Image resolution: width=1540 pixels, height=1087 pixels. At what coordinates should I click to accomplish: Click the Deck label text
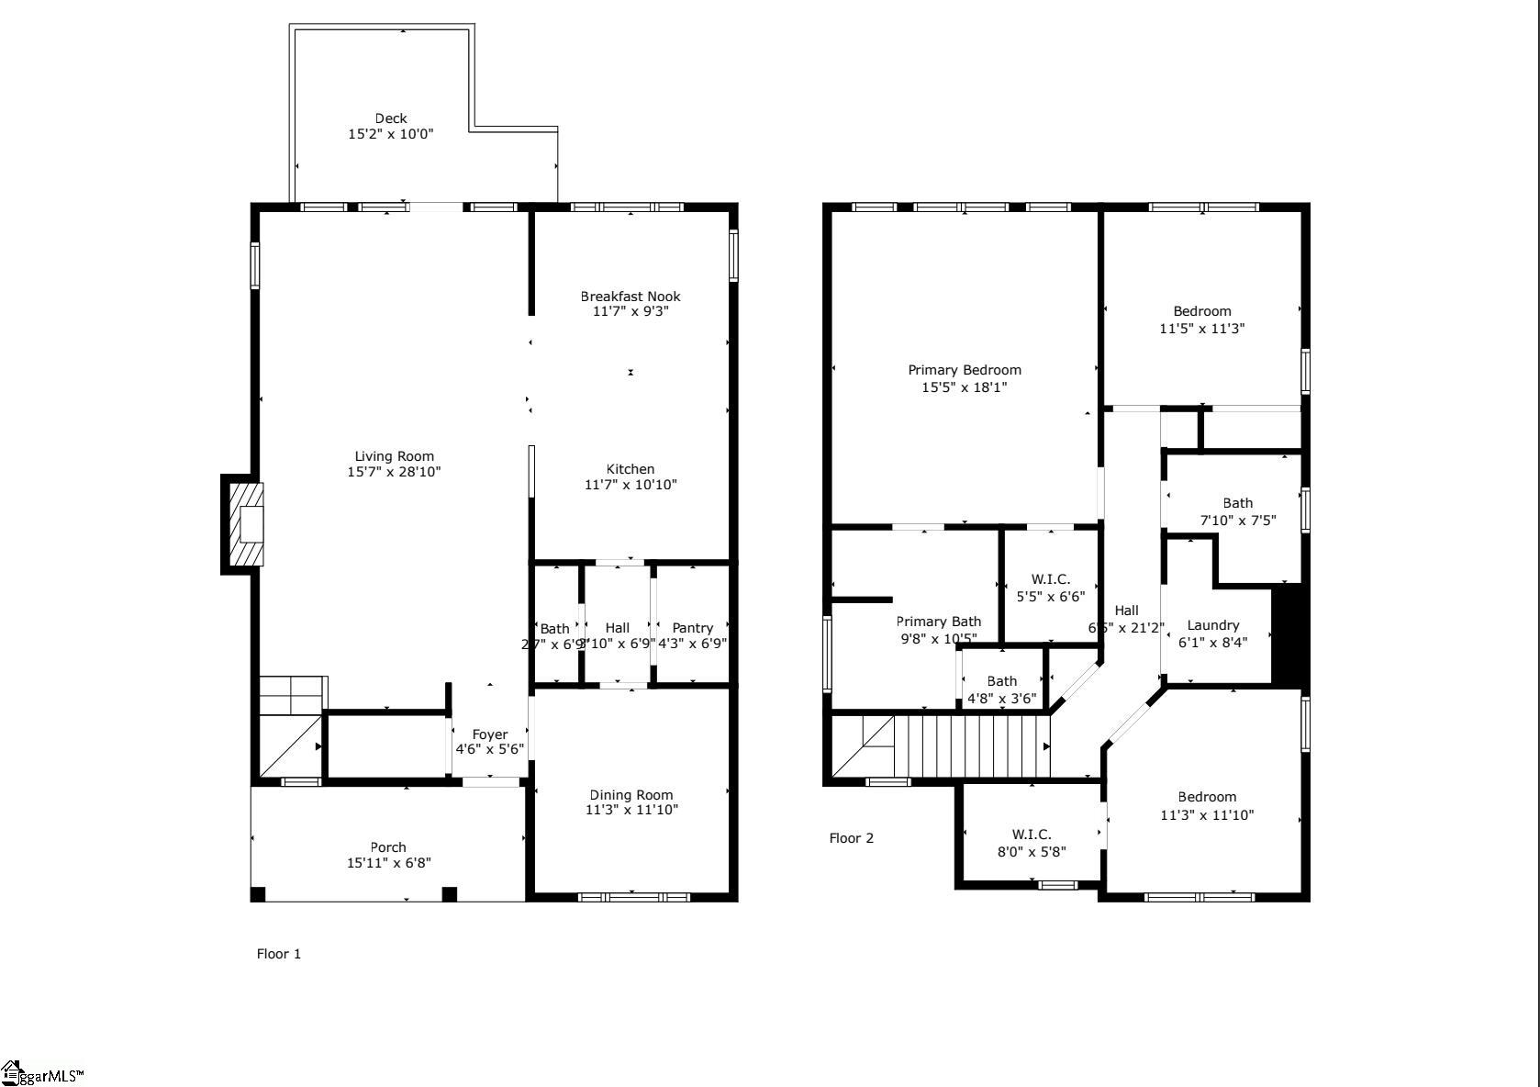391,118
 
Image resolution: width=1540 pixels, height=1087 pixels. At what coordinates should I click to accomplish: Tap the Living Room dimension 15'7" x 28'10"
394,472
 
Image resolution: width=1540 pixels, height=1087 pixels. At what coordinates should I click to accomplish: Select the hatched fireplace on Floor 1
245,525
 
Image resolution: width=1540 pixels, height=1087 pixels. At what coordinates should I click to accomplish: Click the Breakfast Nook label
631,297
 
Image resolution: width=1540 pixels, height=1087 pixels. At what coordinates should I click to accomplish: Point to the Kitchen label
631,469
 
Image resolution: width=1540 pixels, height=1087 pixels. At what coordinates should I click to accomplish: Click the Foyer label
489,734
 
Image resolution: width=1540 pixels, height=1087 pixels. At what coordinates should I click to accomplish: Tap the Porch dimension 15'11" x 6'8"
388,863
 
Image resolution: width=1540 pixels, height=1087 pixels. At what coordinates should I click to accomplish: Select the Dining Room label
631,795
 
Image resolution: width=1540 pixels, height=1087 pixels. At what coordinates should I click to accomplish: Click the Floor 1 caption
278,954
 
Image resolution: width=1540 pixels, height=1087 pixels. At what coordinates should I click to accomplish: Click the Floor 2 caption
851,838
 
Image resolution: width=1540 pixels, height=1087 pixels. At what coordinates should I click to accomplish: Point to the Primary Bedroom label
965,370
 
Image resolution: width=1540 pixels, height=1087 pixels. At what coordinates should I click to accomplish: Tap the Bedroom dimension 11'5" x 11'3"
1201,329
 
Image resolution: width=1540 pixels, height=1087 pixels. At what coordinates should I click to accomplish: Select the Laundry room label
1212,625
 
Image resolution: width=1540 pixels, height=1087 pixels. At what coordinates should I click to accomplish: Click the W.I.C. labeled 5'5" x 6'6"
1050,588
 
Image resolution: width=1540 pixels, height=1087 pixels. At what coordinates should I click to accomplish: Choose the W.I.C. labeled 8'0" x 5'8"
1032,843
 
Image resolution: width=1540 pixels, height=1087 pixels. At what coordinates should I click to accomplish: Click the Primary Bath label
938,622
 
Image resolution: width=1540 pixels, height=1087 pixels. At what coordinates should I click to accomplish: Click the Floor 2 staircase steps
977,746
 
